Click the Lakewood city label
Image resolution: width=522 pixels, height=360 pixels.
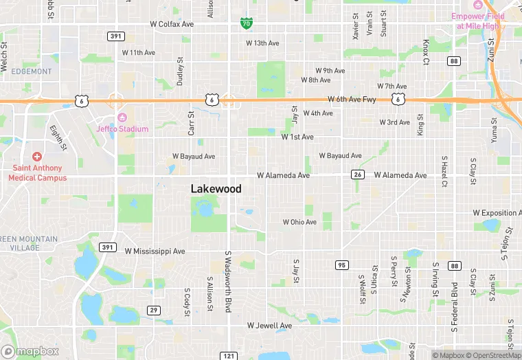pos(216,188)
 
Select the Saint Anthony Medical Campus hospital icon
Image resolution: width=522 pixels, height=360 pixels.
pos(37,157)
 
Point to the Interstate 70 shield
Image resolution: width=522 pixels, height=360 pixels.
pos(246,23)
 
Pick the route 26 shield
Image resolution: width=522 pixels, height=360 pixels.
pos(358,175)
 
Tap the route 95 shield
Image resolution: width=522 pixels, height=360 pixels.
pos(341,265)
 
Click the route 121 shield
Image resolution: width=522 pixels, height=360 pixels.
pos(229,355)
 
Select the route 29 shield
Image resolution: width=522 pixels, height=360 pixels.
pos(154,311)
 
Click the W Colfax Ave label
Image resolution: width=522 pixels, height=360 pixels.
pos(172,24)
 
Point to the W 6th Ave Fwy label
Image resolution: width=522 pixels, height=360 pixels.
pos(352,100)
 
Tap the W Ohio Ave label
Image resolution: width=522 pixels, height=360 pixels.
pos(299,222)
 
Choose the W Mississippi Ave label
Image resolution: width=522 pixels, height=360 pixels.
pos(155,251)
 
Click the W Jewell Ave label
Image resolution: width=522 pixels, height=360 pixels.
pos(270,325)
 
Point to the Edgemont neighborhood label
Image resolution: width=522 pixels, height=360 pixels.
pos(31,71)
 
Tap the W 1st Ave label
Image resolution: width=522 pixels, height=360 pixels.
pos(297,137)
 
